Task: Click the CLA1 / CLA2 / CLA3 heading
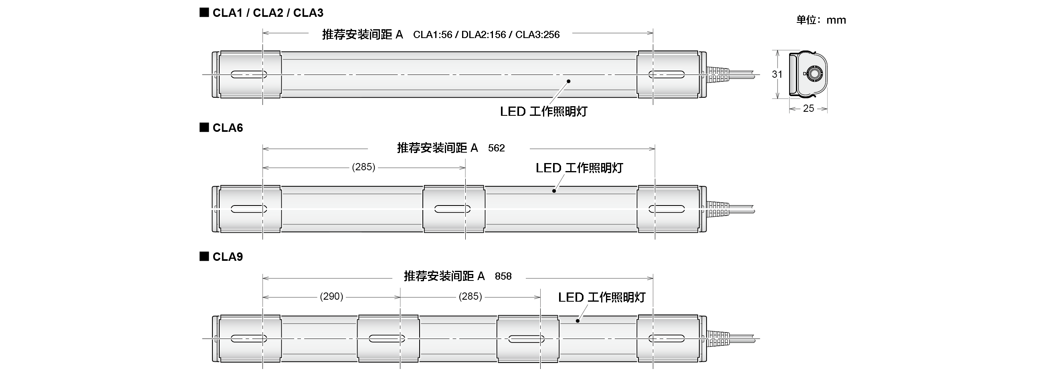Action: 267,13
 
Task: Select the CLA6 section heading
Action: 227,128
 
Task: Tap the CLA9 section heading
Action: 227,257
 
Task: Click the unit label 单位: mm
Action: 821,20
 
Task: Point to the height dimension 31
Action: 777,75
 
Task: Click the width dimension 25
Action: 808,109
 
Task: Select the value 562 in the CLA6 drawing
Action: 496,148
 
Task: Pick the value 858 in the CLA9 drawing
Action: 503,276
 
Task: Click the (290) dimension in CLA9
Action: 331,296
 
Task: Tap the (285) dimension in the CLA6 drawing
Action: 363,167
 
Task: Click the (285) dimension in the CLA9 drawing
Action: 470,296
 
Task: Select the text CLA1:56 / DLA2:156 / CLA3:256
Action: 486,35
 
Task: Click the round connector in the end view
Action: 813,74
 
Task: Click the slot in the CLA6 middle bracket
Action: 452,209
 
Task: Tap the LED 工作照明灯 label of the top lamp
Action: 543,112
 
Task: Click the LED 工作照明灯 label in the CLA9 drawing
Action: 601,298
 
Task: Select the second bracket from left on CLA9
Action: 388,339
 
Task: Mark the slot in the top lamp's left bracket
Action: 249,75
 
